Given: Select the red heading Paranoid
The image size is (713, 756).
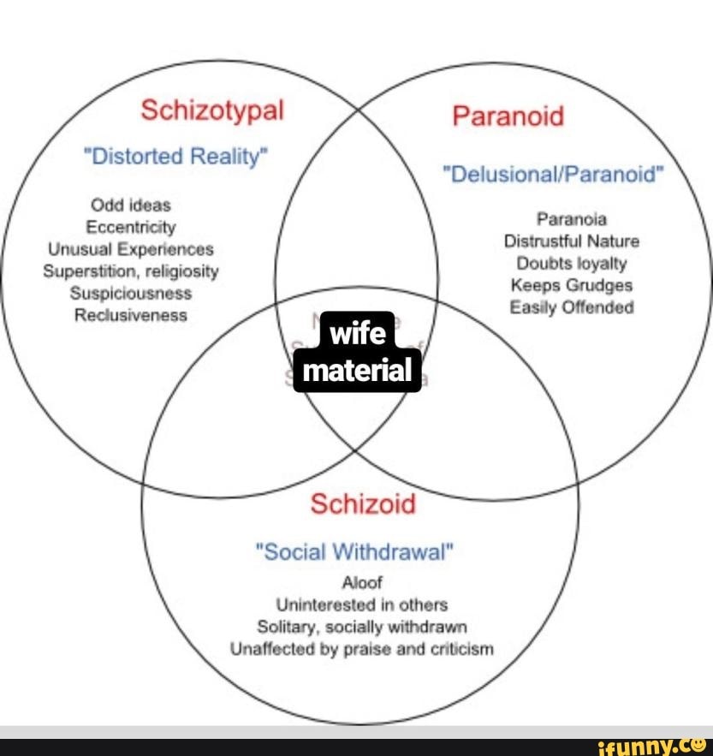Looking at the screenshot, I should click(508, 116).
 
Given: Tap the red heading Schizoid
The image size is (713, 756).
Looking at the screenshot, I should click(363, 503).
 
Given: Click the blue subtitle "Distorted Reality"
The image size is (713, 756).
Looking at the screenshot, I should click(175, 157).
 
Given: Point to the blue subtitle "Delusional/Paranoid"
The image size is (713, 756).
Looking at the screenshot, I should click(553, 176).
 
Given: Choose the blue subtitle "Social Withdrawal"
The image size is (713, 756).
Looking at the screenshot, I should click(356, 551).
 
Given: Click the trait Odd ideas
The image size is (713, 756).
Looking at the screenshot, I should click(131, 205).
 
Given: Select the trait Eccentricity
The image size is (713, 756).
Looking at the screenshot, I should click(131, 228).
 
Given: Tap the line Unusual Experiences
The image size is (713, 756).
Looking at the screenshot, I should click(131, 249).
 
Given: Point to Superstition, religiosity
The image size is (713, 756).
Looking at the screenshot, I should click(131, 271).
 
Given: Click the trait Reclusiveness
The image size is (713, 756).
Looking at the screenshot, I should click(131, 315).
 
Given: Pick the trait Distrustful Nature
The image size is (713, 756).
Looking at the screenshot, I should click(572, 241).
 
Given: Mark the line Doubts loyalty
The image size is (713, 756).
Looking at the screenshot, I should click(572, 264).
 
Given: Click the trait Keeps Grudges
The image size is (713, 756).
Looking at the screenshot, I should click(572, 285).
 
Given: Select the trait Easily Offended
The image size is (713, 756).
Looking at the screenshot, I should click(572, 307).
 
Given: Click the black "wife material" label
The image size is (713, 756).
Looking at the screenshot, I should click(358, 353).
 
